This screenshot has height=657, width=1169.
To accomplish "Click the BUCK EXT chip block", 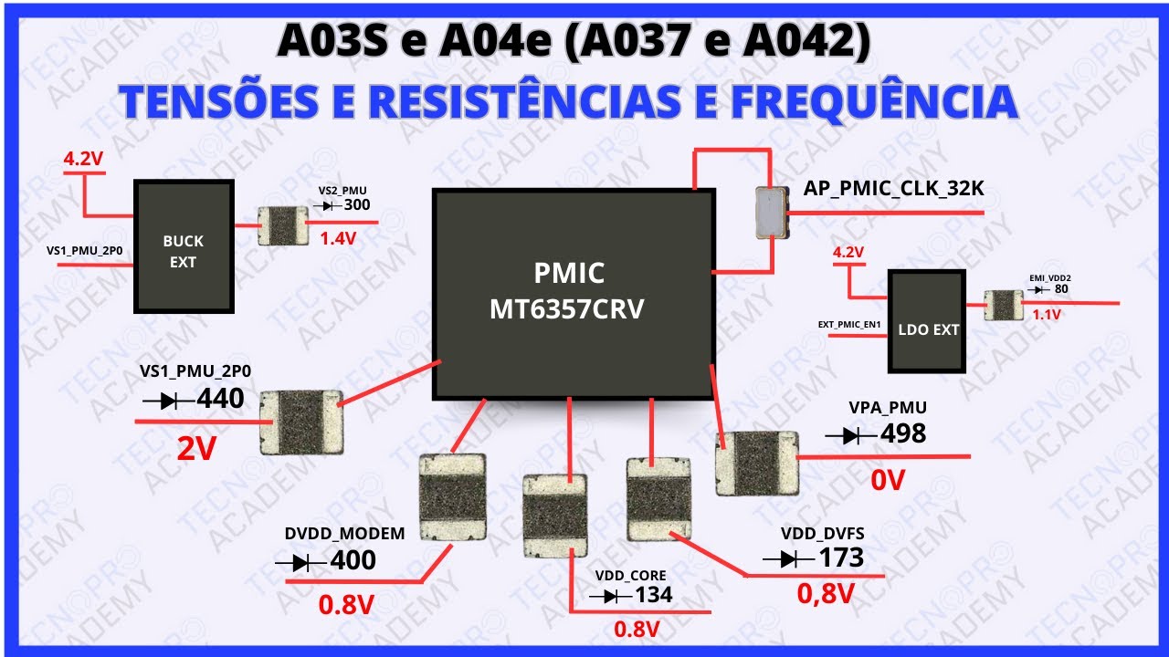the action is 184,246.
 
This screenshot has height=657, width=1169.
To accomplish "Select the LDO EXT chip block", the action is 927,321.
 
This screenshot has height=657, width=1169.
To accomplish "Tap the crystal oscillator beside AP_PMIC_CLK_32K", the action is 772,213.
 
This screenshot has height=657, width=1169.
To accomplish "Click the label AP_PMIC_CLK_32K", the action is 893,188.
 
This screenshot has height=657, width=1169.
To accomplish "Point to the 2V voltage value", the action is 196,448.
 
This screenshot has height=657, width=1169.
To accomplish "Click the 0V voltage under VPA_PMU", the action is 887,480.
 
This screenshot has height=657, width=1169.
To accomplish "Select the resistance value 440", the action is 220,399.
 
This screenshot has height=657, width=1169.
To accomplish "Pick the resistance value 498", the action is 903,433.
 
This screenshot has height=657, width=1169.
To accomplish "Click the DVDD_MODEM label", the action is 344,534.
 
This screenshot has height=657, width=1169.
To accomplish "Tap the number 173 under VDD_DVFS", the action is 841,558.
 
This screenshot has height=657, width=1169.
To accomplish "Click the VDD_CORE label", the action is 630,576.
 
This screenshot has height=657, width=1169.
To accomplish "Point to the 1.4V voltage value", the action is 338,238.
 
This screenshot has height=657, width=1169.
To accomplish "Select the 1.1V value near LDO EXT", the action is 1047,315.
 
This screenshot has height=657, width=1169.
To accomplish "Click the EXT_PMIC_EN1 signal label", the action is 849,324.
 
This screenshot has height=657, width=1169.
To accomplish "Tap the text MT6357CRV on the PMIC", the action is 567,308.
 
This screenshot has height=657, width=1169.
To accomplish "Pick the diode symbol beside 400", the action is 300,563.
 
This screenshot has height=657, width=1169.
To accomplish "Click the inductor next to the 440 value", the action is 301,422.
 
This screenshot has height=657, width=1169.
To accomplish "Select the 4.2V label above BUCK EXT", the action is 83,158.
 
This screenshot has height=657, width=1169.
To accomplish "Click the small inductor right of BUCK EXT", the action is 283,225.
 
